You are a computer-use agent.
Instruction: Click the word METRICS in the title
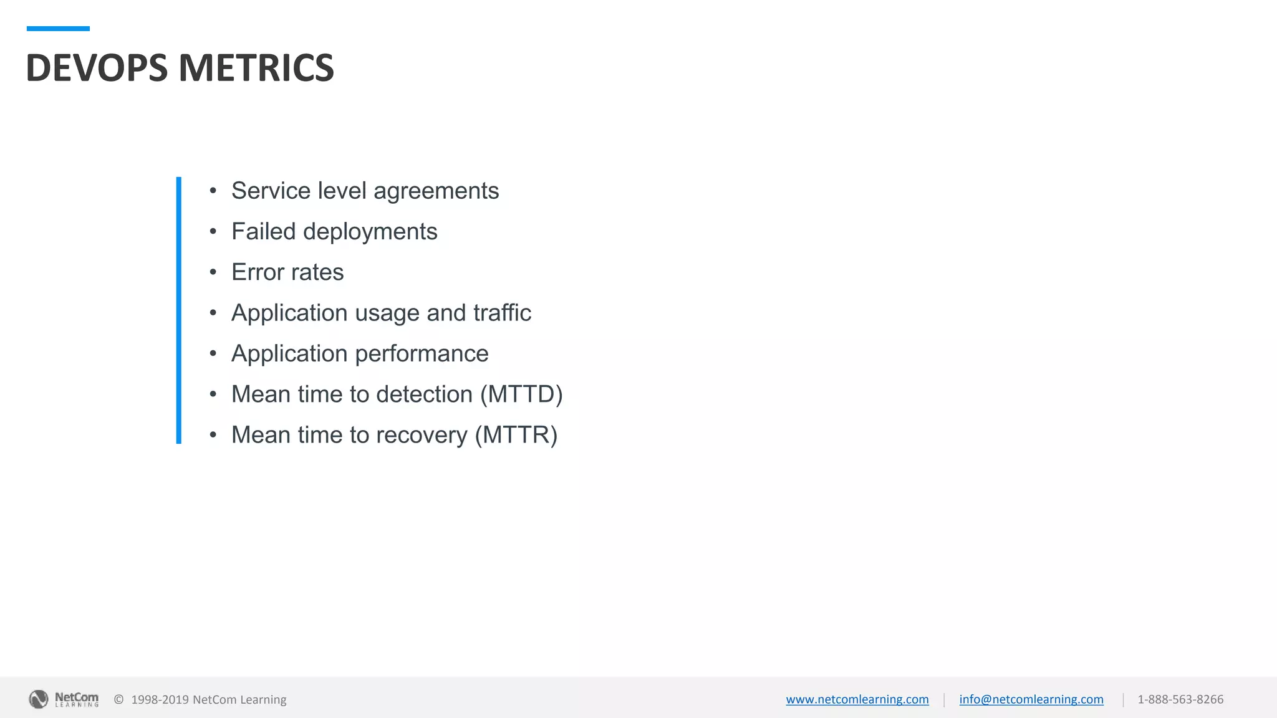(256, 67)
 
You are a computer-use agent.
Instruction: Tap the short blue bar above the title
(58, 29)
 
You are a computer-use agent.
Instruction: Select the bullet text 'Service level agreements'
(365, 191)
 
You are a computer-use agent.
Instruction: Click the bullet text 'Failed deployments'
(334, 232)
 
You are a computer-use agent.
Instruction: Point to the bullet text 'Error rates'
(287, 272)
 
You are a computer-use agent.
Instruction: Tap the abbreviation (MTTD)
(521, 395)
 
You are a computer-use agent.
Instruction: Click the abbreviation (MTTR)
(516, 435)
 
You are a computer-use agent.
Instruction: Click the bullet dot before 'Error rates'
(213, 272)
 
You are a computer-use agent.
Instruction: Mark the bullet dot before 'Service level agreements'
(213, 191)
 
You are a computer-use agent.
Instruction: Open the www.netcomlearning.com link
(857, 699)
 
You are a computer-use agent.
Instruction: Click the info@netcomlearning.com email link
(1031, 699)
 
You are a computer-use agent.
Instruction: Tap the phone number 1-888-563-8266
(1180, 699)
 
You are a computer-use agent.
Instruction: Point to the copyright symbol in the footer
(118, 699)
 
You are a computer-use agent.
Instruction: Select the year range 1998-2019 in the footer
(160, 699)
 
